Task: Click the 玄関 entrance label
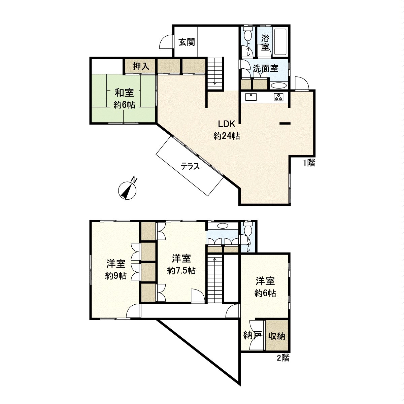(187, 42)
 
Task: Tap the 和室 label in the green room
(124, 92)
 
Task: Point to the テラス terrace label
(190, 166)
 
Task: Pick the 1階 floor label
(309, 163)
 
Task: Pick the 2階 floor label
(283, 358)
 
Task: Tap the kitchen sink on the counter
(251, 97)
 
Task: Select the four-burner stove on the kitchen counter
(279, 97)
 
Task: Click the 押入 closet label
(141, 66)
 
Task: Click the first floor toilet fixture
(248, 35)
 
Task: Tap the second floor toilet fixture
(248, 230)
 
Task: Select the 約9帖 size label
(116, 276)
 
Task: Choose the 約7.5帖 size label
(181, 270)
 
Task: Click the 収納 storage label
(277, 336)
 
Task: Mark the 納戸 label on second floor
(252, 335)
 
